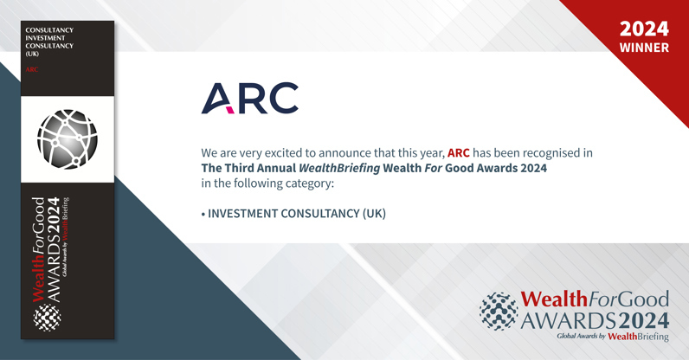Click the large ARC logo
[x=250, y=99]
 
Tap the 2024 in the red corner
[x=644, y=29]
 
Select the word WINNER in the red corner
[x=644, y=48]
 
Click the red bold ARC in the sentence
[x=458, y=153]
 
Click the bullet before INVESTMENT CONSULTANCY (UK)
[x=203, y=213]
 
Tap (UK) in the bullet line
[x=373, y=213]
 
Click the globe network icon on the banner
[x=68, y=139]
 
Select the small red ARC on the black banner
[x=32, y=69]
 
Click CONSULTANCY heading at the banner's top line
[x=49, y=30]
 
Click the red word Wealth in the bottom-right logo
[x=554, y=299]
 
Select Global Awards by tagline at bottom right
[x=581, y=336]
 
